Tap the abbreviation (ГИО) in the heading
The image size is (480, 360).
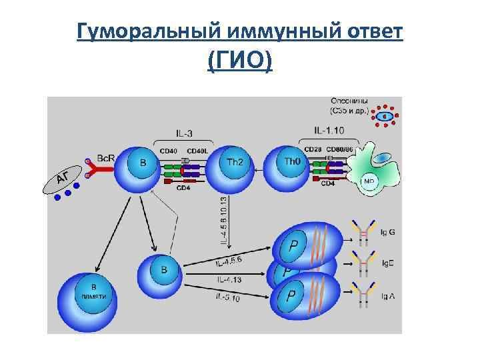239,62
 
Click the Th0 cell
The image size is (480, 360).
291,165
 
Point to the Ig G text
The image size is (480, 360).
387,232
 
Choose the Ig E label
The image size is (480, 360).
387,263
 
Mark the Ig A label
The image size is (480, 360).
387,295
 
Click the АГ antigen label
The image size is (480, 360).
63,177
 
